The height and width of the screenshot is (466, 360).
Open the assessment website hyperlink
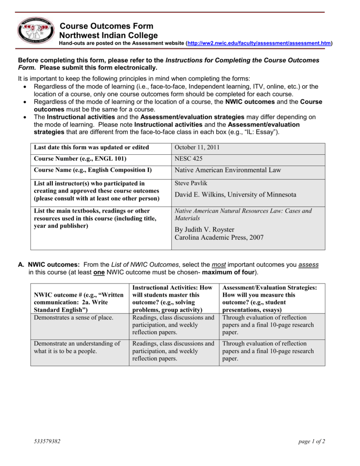(259, 43)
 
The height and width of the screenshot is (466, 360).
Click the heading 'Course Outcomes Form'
(106, 26)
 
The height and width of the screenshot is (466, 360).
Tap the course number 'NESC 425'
(188, 159)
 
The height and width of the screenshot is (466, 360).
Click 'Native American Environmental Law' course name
(228, 170)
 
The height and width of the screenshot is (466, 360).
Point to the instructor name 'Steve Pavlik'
(191, 183)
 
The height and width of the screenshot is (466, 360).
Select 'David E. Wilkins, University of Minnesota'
(235, 194)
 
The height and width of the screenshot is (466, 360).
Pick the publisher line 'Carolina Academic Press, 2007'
(219, 238)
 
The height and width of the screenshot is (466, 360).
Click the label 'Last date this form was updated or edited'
(91, 148)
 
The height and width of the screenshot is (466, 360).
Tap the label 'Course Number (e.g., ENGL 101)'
(80, 159)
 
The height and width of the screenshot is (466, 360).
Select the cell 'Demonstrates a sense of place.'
(74, 318)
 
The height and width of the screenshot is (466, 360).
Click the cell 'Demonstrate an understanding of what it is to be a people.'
(77, 347)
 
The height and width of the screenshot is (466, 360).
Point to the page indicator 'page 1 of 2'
(312, 441)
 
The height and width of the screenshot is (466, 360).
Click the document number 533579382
(47, 441)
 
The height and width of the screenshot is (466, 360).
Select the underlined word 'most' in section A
(218, 264)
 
